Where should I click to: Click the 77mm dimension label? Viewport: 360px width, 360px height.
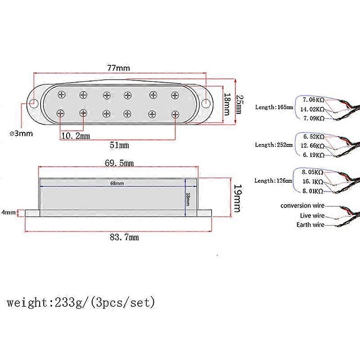(x=119, y=68)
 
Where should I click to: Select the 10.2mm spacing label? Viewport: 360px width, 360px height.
(x=75, y=135)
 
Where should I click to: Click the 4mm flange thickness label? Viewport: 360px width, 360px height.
(x=9, y=212)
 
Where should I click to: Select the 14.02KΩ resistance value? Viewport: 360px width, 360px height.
(x=314, y=109)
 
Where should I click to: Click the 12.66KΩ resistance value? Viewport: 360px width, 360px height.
(x=314, y=145)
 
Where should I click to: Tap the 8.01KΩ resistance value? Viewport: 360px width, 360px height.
(x=313, y=191)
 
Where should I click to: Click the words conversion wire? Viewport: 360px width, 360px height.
(x=302, y=206)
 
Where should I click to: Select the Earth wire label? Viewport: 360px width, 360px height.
(x=310, y=225)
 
